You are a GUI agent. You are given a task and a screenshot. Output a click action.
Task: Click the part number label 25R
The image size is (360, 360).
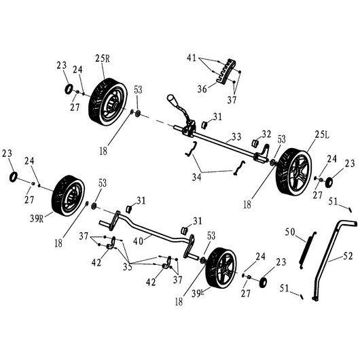tap(103, 58)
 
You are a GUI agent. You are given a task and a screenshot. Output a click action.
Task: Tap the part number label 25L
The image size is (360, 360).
tap(322, 134)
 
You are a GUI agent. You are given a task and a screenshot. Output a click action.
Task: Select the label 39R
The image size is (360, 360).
tap(37, 219)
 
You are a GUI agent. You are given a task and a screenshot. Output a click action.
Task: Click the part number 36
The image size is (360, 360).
tap(202, 89)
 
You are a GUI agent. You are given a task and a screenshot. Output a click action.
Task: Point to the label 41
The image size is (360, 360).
tap(192, 58)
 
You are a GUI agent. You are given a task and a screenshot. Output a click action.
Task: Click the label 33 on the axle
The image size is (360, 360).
tap(236, 137)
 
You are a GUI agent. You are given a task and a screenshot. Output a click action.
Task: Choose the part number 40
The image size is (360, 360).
tap(138, 241)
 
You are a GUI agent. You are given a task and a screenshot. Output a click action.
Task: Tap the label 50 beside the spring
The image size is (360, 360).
tap(290, 232)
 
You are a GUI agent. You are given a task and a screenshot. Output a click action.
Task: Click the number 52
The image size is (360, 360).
tap(348, 256)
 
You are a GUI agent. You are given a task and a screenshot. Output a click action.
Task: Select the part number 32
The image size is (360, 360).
tap(266, 134)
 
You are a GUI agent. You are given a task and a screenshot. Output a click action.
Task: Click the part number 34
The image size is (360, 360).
tap(196, 177)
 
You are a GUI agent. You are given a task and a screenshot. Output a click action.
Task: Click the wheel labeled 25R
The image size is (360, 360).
tap(108, 102)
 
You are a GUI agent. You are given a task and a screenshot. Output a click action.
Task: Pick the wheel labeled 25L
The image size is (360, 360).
tap(293, 171)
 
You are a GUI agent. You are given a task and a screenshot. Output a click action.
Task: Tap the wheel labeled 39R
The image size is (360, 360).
tap(68, 196)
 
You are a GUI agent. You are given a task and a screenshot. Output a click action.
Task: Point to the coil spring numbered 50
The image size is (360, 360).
tap(308, 250)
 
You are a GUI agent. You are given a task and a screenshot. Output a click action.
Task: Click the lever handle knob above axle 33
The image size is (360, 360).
tap(172, 99)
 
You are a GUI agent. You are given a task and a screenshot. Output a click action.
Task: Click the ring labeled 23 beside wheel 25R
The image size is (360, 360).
tap(69, 89)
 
